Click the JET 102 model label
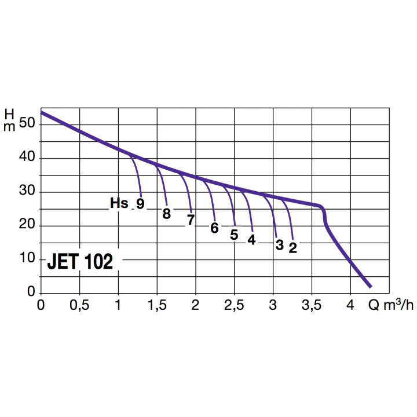[x=80, y=262]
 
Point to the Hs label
[x=119, y=203]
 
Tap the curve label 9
[x=140, y=204]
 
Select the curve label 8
[x=167, y=213]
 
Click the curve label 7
[x=190, y=220]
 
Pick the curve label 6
[x=214, y=228]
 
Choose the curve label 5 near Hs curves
[x=234, y=235]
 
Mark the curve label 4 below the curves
[x=251, y=239]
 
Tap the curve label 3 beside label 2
[x=279, y=245]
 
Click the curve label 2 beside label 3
[x=292, y=247]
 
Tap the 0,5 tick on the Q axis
[x=79, y=305]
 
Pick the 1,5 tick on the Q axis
[x=156, y=305]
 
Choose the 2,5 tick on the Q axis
[x=234, y=305]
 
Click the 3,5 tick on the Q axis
[x=312, y=305]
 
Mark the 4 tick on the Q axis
[x=350, y=305]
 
